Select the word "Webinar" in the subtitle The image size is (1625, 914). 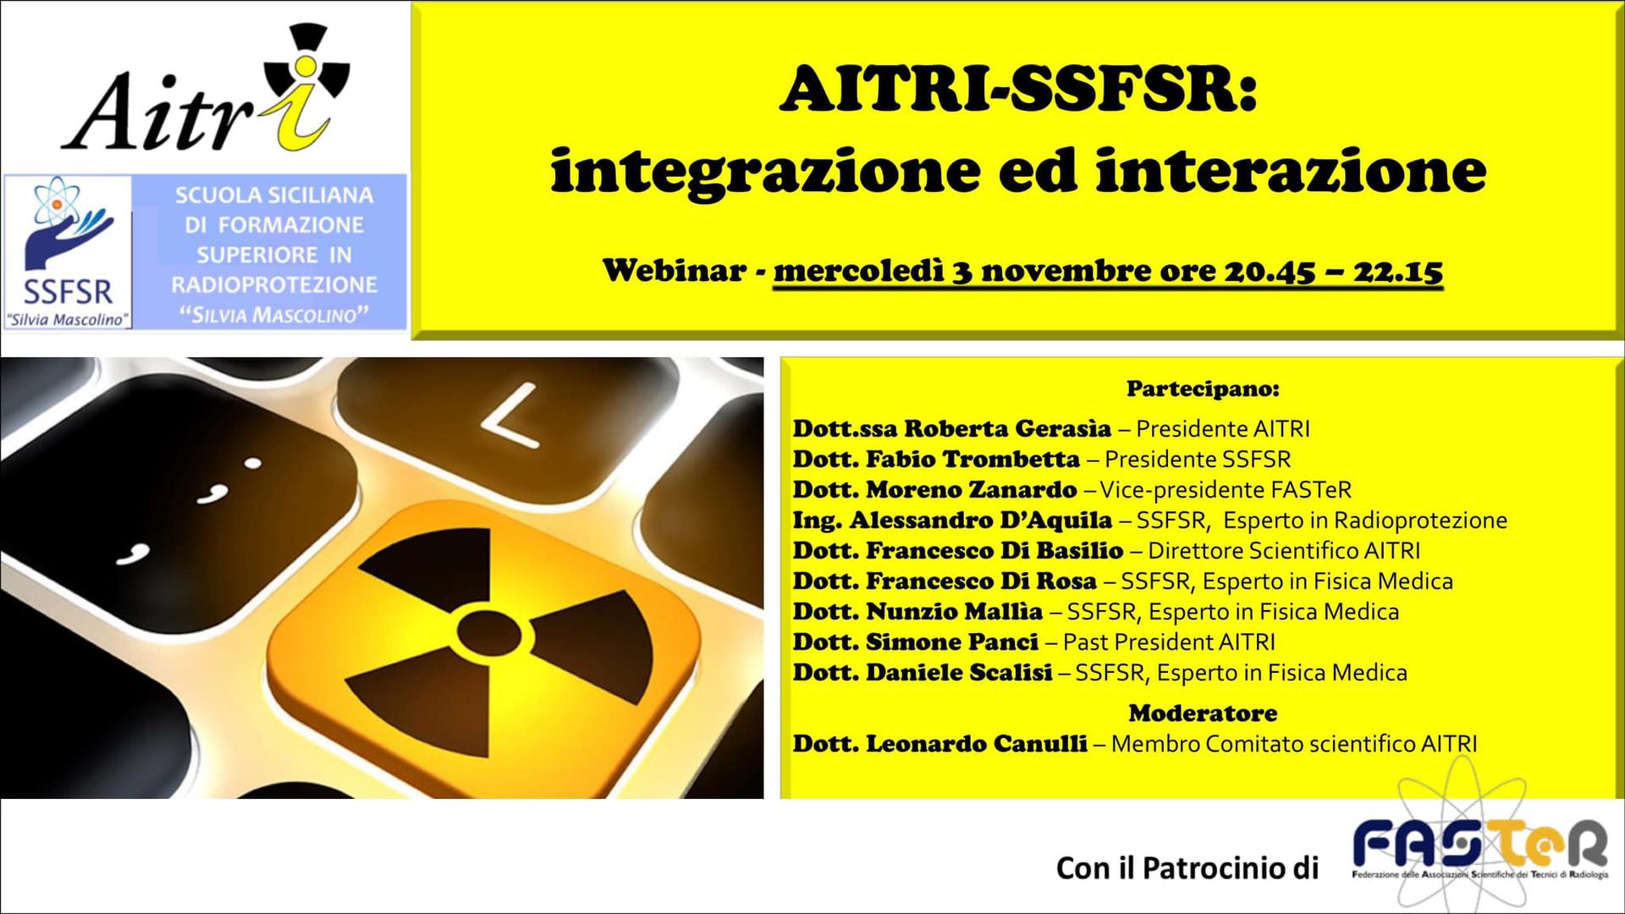click(675, 271)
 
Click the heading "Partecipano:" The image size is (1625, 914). click(1203, 389)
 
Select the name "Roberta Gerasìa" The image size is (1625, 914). click(1007, 428)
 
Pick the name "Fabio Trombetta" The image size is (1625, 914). click(972, 460)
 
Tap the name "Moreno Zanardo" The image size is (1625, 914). click(971, 490)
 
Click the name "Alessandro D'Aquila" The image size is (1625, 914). click(980, 520)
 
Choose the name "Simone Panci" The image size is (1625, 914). click(951, 642)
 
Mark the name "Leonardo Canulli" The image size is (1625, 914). click(976, 744)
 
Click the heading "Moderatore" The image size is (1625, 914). click(1203, 713)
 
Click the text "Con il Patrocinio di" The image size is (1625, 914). click(1187, 867)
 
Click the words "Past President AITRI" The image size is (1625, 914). click(1169, 642)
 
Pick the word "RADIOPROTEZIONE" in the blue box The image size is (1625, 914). click(274, 285)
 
